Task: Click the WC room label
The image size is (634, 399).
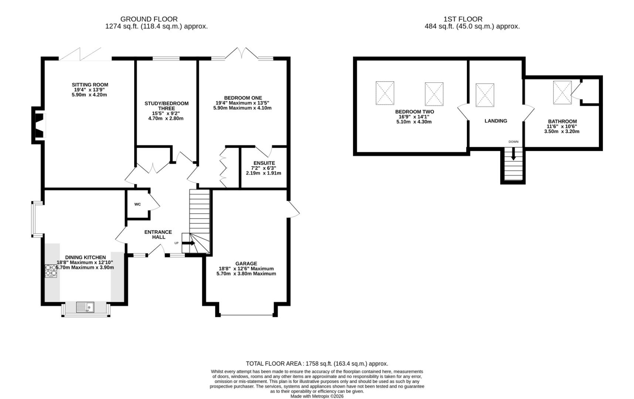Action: tap(138, 204)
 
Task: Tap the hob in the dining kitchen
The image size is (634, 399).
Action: tap(51, 271)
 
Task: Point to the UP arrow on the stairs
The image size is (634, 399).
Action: tap(188, 243)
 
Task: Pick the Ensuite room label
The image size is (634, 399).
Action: tap(264, 163)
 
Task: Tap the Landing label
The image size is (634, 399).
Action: tap(496, 121)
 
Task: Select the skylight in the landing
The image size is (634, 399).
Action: tap(485, 95)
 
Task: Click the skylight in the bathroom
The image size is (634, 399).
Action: tap(562, 92)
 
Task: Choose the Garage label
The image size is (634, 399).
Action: tap(246, 263)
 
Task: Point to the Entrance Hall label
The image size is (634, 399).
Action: tap(158, 235)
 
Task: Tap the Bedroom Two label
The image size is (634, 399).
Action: tap(414, 112)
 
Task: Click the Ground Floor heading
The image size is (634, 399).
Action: tap(149, 19)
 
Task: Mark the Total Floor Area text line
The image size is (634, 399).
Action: tap(317, 364)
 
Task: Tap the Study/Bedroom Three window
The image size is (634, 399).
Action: tap(166, 58)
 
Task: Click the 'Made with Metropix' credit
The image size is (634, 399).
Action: tap(317, 396)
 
